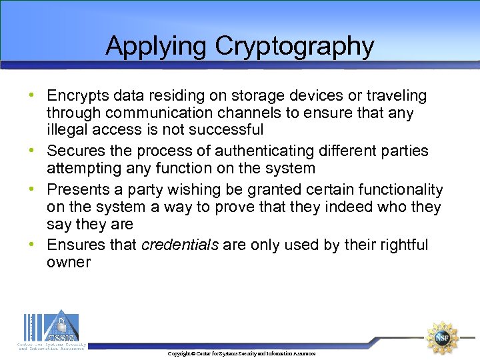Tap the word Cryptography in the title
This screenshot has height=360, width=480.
(x=294, y=46)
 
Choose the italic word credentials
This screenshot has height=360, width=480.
(x=180, y=245)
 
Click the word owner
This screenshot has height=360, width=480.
(x=68, y=262)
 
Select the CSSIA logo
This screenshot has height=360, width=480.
(x=51, y=329)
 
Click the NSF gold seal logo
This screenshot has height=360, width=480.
(x=443, y=337)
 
